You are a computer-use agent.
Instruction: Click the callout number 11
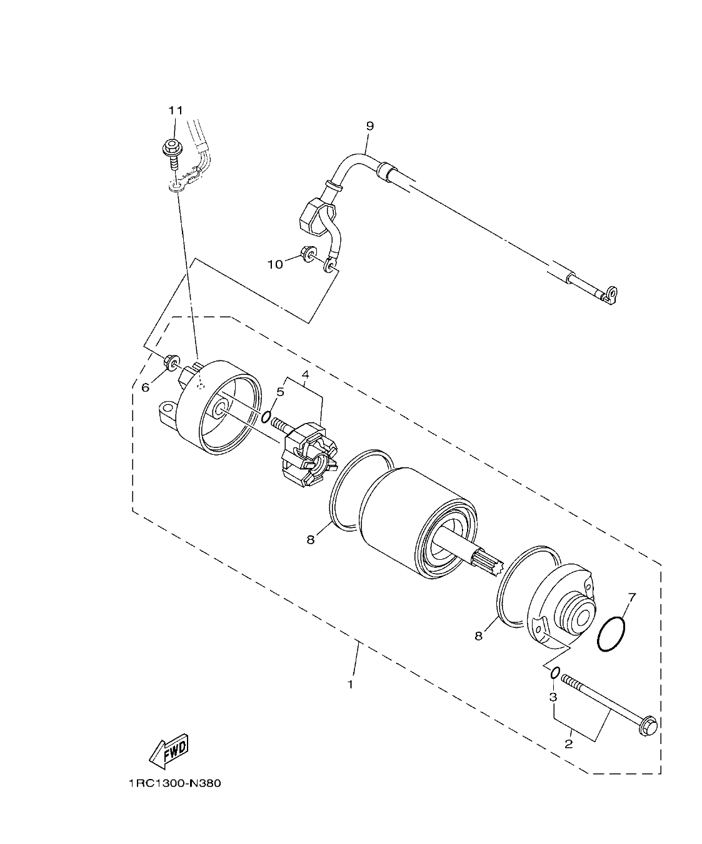(175, 111)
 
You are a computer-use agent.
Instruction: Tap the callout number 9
(369, 126)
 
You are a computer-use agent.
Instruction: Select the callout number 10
(276, 264)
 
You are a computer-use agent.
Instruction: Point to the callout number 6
(146, 387)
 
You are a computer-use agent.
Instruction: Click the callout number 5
(281, 392)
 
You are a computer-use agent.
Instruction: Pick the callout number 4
(306, 375)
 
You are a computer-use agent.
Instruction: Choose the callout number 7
(631, 598)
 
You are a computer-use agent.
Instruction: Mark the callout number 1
(351, 684)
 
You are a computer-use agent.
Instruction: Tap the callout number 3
(553, 697)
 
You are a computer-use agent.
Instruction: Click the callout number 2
(569, 744)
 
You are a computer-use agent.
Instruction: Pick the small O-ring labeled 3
(554, 673)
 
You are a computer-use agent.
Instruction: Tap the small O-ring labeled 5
(267, 417)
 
